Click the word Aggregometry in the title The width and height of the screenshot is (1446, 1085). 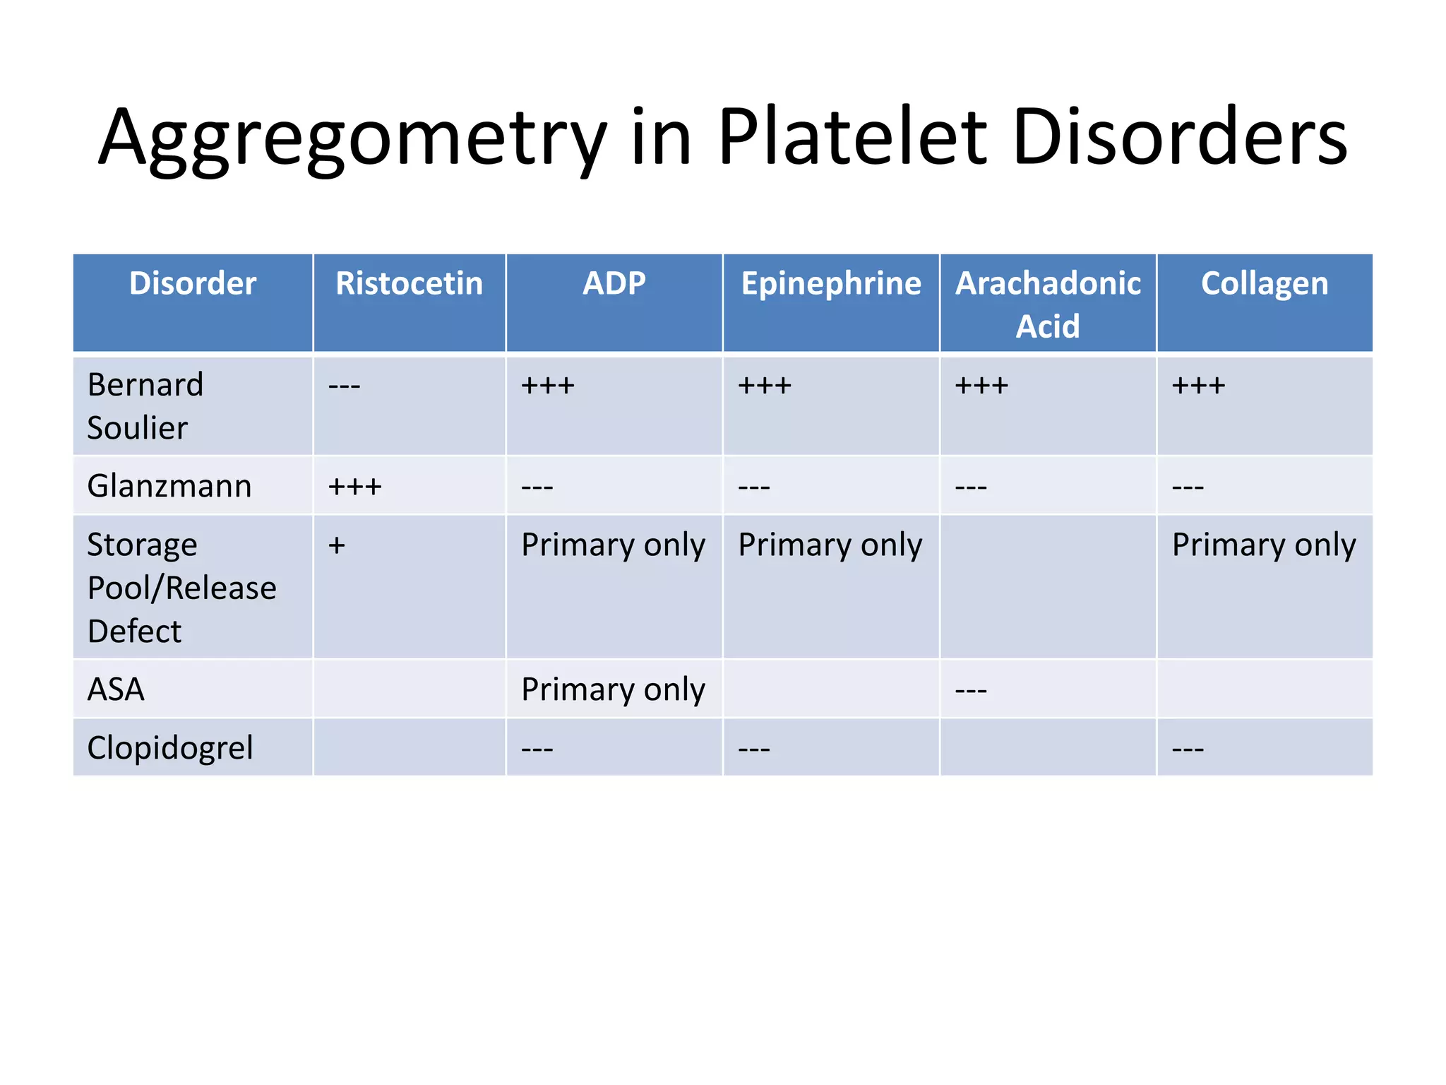(x=352, y=138)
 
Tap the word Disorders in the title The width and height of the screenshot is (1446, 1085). (x=1179, y=138)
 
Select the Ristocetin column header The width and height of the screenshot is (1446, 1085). (x=409, y=284)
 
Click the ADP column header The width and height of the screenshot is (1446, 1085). (x=614, y=284)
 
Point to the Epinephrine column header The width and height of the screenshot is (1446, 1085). (x=830, y=284)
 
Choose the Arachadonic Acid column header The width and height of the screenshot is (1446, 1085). (x=1048, y=304)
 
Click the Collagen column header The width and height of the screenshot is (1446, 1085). (x=1265, y=284)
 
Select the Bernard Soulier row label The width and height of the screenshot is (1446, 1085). (x=145, y=406)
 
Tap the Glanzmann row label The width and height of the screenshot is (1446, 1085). (x=169, y=486)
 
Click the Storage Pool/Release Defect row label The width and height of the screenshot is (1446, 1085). (x=181, y=588)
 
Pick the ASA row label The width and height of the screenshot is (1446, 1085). (x=116, y=689)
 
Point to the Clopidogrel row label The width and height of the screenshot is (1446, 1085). (x=169, y=747)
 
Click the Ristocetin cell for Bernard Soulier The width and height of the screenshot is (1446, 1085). (x=345, y=386)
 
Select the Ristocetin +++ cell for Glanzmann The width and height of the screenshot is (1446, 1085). (x=355, y=487)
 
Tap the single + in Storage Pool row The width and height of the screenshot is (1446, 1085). (x=337, y=545)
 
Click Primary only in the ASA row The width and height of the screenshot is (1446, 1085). (x=613, y=689)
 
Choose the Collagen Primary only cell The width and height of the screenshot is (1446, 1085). (x=1264, y=545)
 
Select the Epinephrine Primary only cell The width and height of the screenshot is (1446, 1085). (x=830, y=545)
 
